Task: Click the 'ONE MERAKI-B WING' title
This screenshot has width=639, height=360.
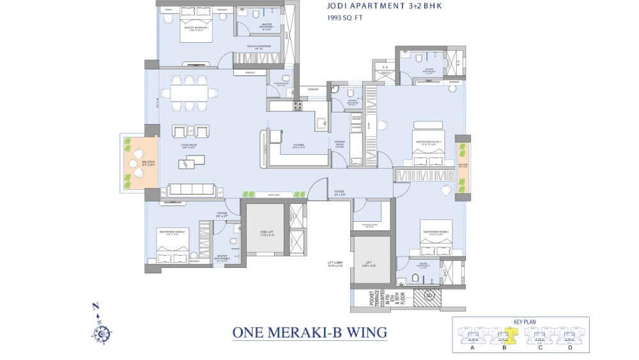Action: tap(310, 333)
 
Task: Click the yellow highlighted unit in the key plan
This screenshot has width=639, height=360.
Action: tap(511, 334)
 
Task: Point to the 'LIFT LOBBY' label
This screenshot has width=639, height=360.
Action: tap(335, 263)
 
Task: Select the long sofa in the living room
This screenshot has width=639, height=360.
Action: tap(192, 191)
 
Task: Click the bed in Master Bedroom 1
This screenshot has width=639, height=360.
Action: tap(196, 25)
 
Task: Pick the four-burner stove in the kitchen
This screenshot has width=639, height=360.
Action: tap(296, 106)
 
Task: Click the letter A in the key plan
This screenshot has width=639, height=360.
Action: tap(472, 348)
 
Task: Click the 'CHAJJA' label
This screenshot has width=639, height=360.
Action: tap(312, 90)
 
